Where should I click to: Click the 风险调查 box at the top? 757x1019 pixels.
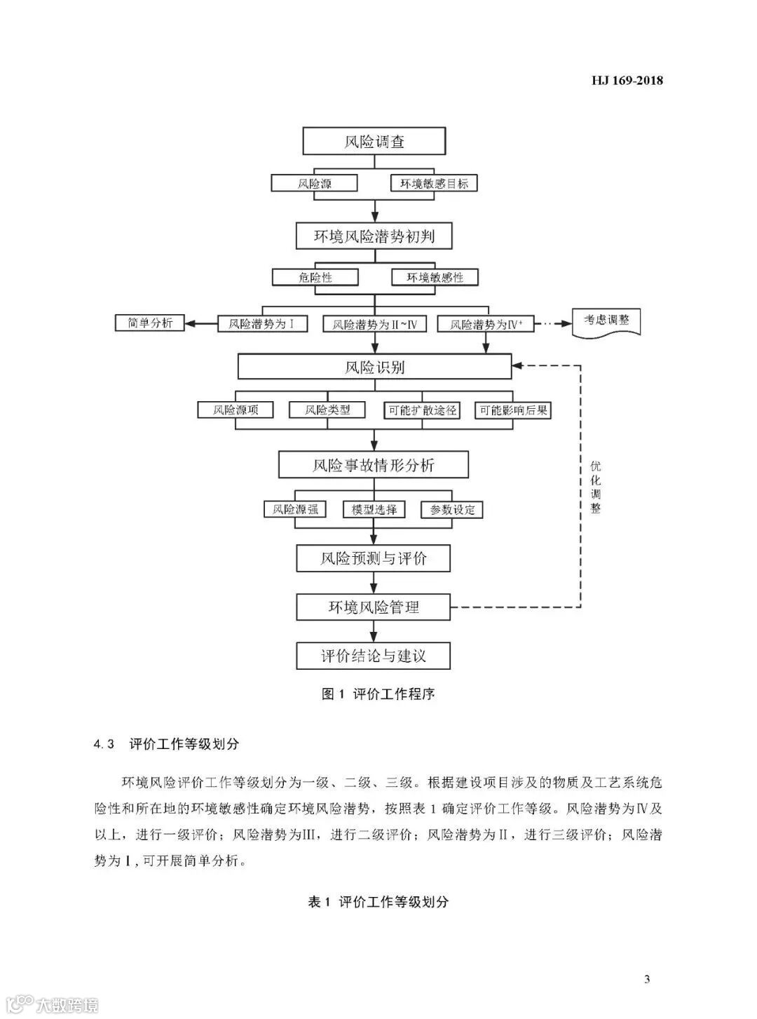click(x=374, y=141)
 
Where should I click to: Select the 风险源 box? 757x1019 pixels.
click(x=315, y=184)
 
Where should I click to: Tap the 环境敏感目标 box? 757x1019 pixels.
click(x=434, y=184)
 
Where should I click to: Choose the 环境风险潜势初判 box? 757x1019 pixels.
click(x=374, y=236)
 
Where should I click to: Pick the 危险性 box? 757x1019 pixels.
click(x=315, y=277)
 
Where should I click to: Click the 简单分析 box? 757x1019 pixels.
click(x=150, y=323)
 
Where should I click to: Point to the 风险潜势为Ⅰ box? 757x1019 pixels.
click(x=261, y=324)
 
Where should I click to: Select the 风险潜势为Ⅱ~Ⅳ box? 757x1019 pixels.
click(x=374, y=324)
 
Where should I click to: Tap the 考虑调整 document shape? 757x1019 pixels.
click(x=606, y=321)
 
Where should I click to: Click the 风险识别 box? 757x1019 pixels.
click(x=374, y=367)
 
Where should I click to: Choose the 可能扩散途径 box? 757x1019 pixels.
click(x=422, y=410)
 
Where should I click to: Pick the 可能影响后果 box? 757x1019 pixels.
click(x=513, y=410)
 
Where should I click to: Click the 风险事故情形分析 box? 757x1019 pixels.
click(x=373, y=465)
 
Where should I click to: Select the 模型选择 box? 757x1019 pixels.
click(x=374, y=510)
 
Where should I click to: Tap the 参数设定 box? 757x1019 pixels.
click(x=452, y=510)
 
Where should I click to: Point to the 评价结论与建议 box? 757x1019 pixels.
click(x=373, y=656)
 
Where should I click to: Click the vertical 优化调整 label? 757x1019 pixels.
click(x=595, y=487)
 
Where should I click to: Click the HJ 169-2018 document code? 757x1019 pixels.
click(x=627, y=80)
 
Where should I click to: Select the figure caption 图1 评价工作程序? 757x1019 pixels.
click(x=378, y=694)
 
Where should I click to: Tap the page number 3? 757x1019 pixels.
click(x=647, y=979)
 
